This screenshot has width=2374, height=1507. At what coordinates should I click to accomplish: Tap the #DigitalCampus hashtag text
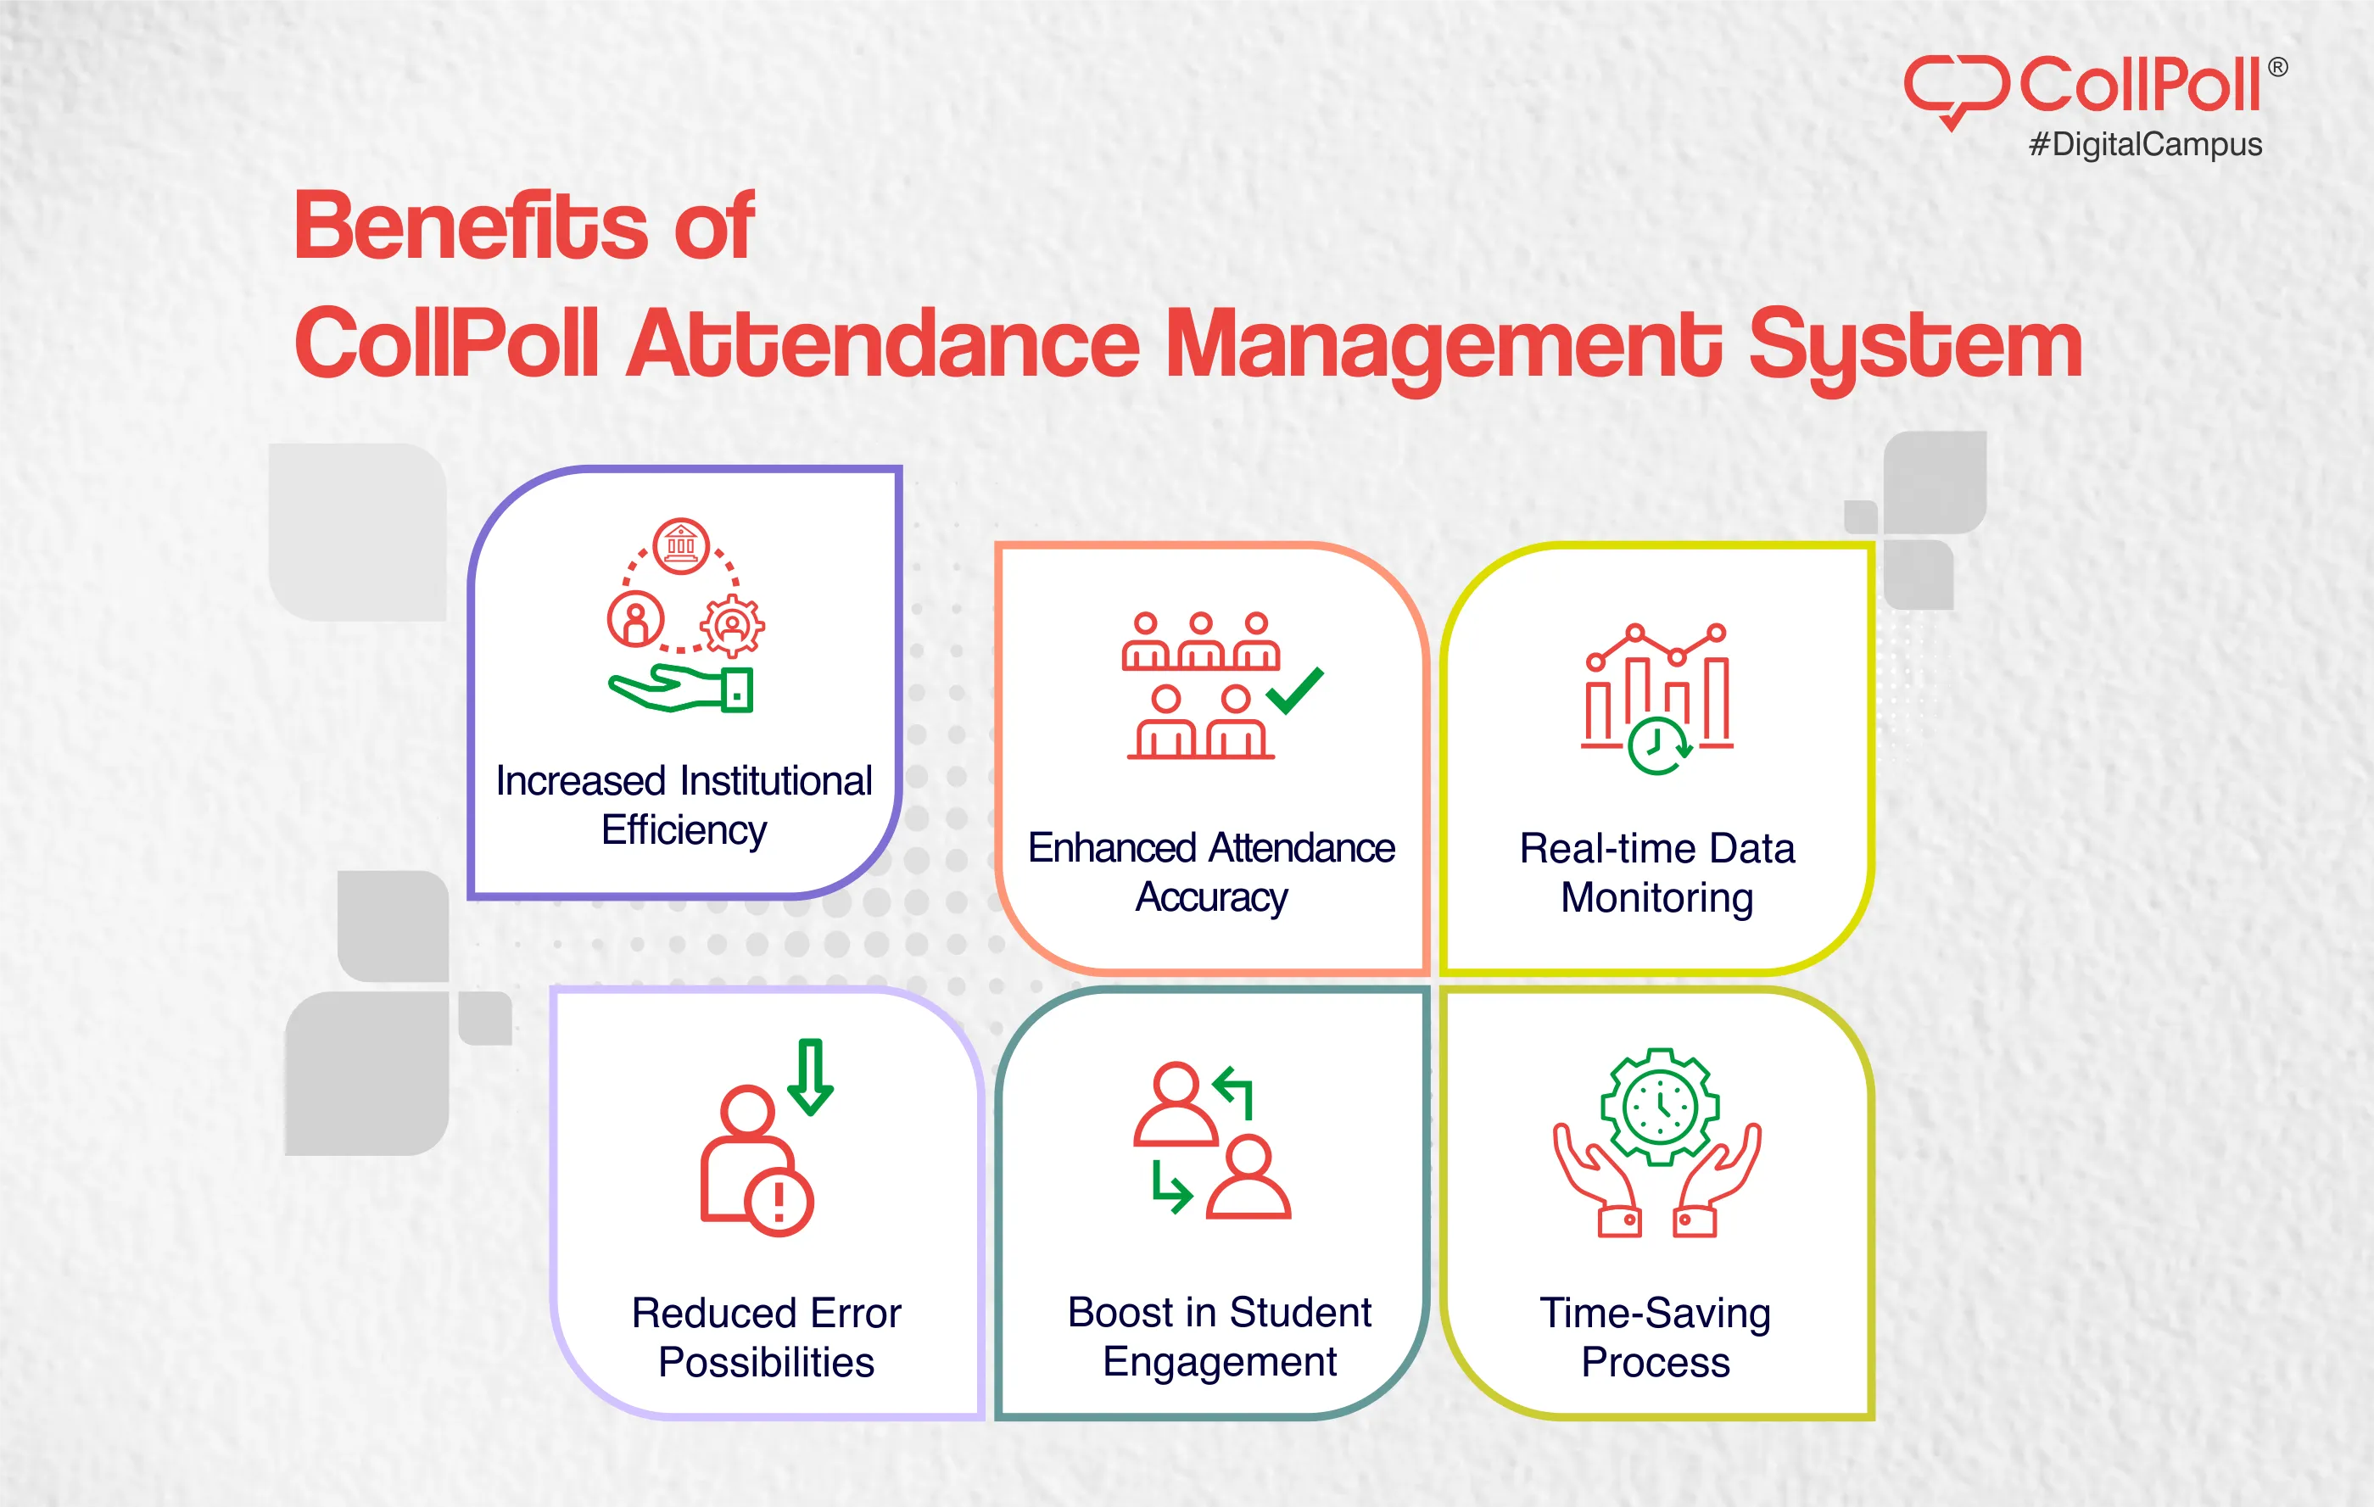[x=2145, y=145]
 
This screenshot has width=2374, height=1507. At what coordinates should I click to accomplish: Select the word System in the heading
[x=1914, y=345]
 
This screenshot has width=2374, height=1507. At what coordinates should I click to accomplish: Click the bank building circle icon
[x=680, y=545]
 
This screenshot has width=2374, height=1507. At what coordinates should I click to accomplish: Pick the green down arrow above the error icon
[x=810, y=1076]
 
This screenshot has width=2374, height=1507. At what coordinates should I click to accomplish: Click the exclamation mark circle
[x=779, y=1202]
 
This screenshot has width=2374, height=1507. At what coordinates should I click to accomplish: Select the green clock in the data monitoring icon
[x=1657, y=746]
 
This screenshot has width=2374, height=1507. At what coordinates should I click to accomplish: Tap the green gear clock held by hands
[x=1660, y=1106]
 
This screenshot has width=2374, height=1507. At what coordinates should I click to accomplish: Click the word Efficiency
[x=684, y=830]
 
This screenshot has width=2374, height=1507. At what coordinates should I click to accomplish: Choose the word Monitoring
[x=1656, y=898]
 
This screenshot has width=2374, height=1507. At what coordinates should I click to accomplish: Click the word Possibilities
[x=766, y=1362]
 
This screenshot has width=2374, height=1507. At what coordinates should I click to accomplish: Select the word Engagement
[x=1219, y=1362]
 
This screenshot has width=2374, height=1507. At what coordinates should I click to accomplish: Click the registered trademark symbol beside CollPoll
[x=2277, y=67]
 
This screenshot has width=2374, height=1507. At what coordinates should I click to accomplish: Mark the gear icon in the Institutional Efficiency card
[x=731, y=625]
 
